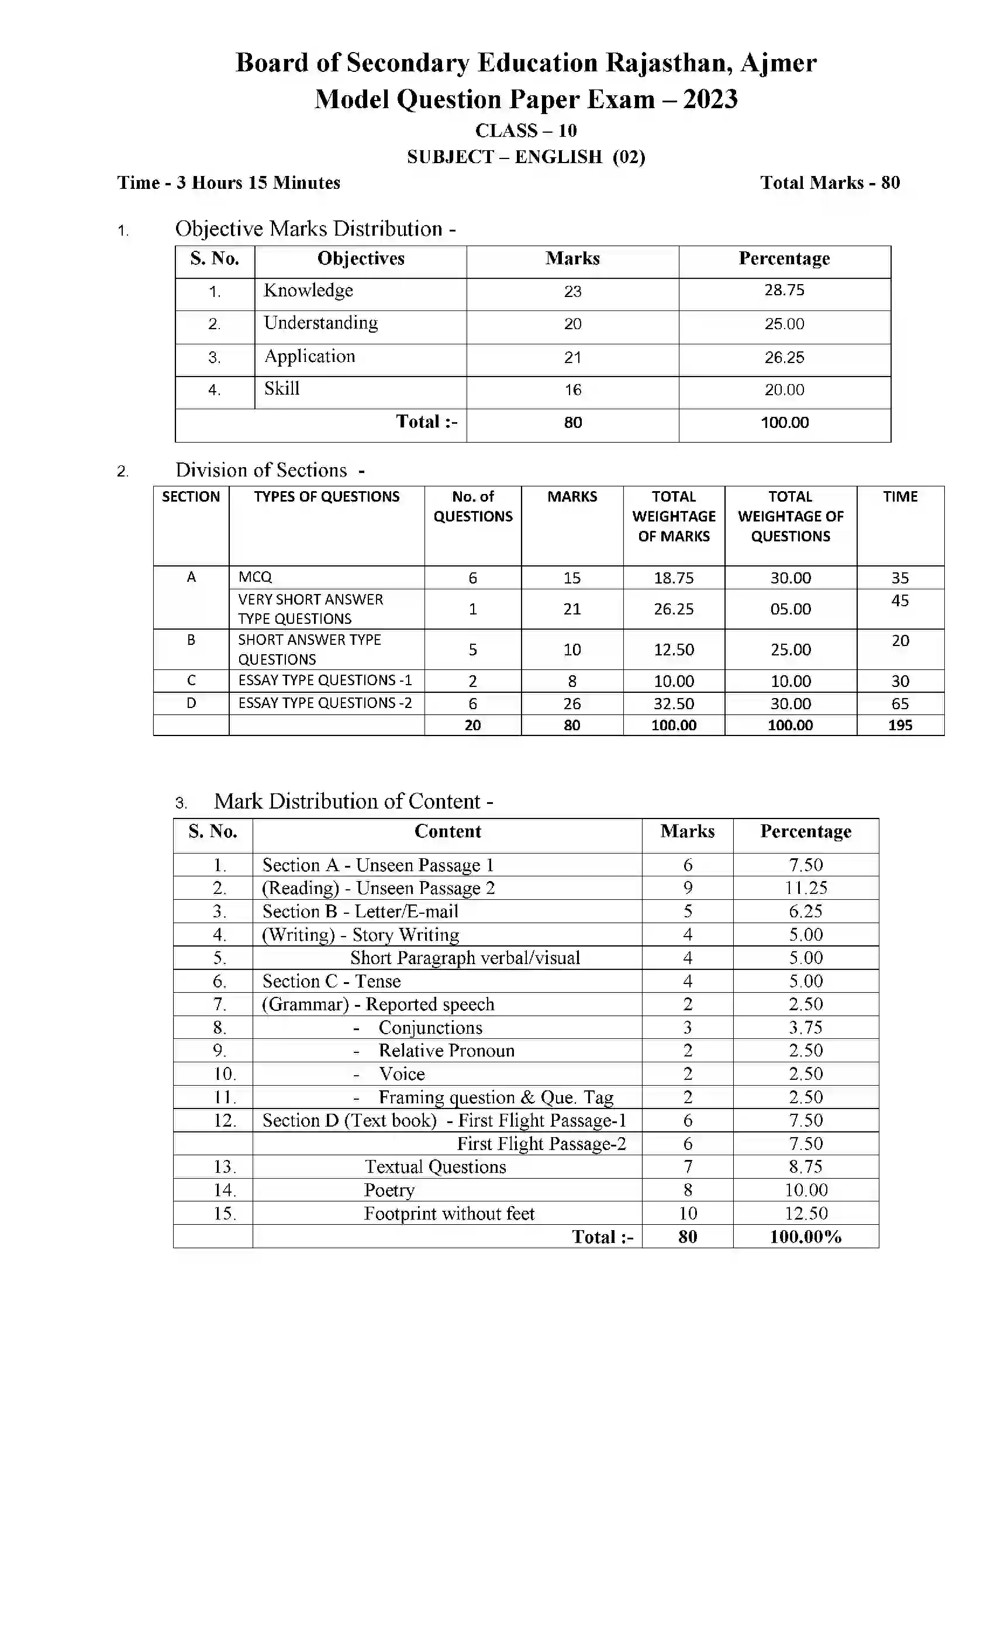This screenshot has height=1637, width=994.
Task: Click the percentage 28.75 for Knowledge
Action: coord(784,291)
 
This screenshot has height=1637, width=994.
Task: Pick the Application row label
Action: coord(310,356)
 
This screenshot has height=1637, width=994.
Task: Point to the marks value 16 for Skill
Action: coord(573,390)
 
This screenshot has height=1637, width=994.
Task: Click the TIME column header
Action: coord(900,497)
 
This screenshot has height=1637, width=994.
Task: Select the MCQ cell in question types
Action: coord(255,578)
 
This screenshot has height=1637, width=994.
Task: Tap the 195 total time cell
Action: coord(900,726)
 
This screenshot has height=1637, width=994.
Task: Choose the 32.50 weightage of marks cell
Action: coord(673,703)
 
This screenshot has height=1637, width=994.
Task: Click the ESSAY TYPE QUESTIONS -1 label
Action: coord(325,681)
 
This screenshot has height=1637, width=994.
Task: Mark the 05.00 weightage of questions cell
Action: coord(790,609)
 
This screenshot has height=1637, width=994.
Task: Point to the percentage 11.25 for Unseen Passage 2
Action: coord(805,888)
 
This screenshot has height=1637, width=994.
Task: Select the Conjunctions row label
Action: coord(430,1028)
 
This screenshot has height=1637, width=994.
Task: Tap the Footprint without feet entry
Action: coord(448,1214)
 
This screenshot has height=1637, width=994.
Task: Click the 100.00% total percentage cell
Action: coord(805,1237)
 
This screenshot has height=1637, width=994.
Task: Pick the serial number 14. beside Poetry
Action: coord(224,1190)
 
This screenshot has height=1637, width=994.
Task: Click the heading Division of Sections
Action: coord(261,471)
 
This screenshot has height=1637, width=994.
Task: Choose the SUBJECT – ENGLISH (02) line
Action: coord(526,157)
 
